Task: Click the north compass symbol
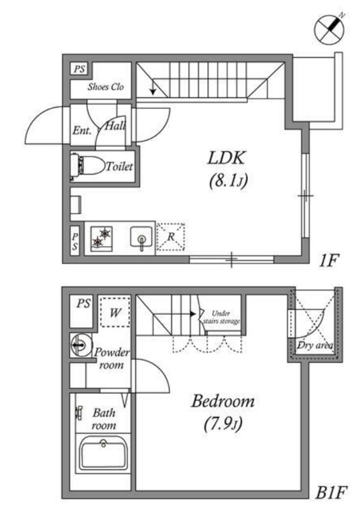(329, 29)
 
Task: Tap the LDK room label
(226, 158)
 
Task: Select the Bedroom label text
(223, 401)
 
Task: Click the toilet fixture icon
(87, 165)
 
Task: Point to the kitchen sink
(141, 238)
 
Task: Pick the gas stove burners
(101, 238)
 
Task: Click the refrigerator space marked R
(171, 237)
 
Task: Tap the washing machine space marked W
(115, 312)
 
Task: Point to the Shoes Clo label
(106, 87)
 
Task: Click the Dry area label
(315, 346)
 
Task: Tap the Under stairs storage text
(222, 317)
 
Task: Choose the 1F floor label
(329, 261)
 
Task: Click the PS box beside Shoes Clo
(80, 69)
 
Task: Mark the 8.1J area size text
(228, 181)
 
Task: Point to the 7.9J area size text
(223, 425)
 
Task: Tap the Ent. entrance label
(82, 131)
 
